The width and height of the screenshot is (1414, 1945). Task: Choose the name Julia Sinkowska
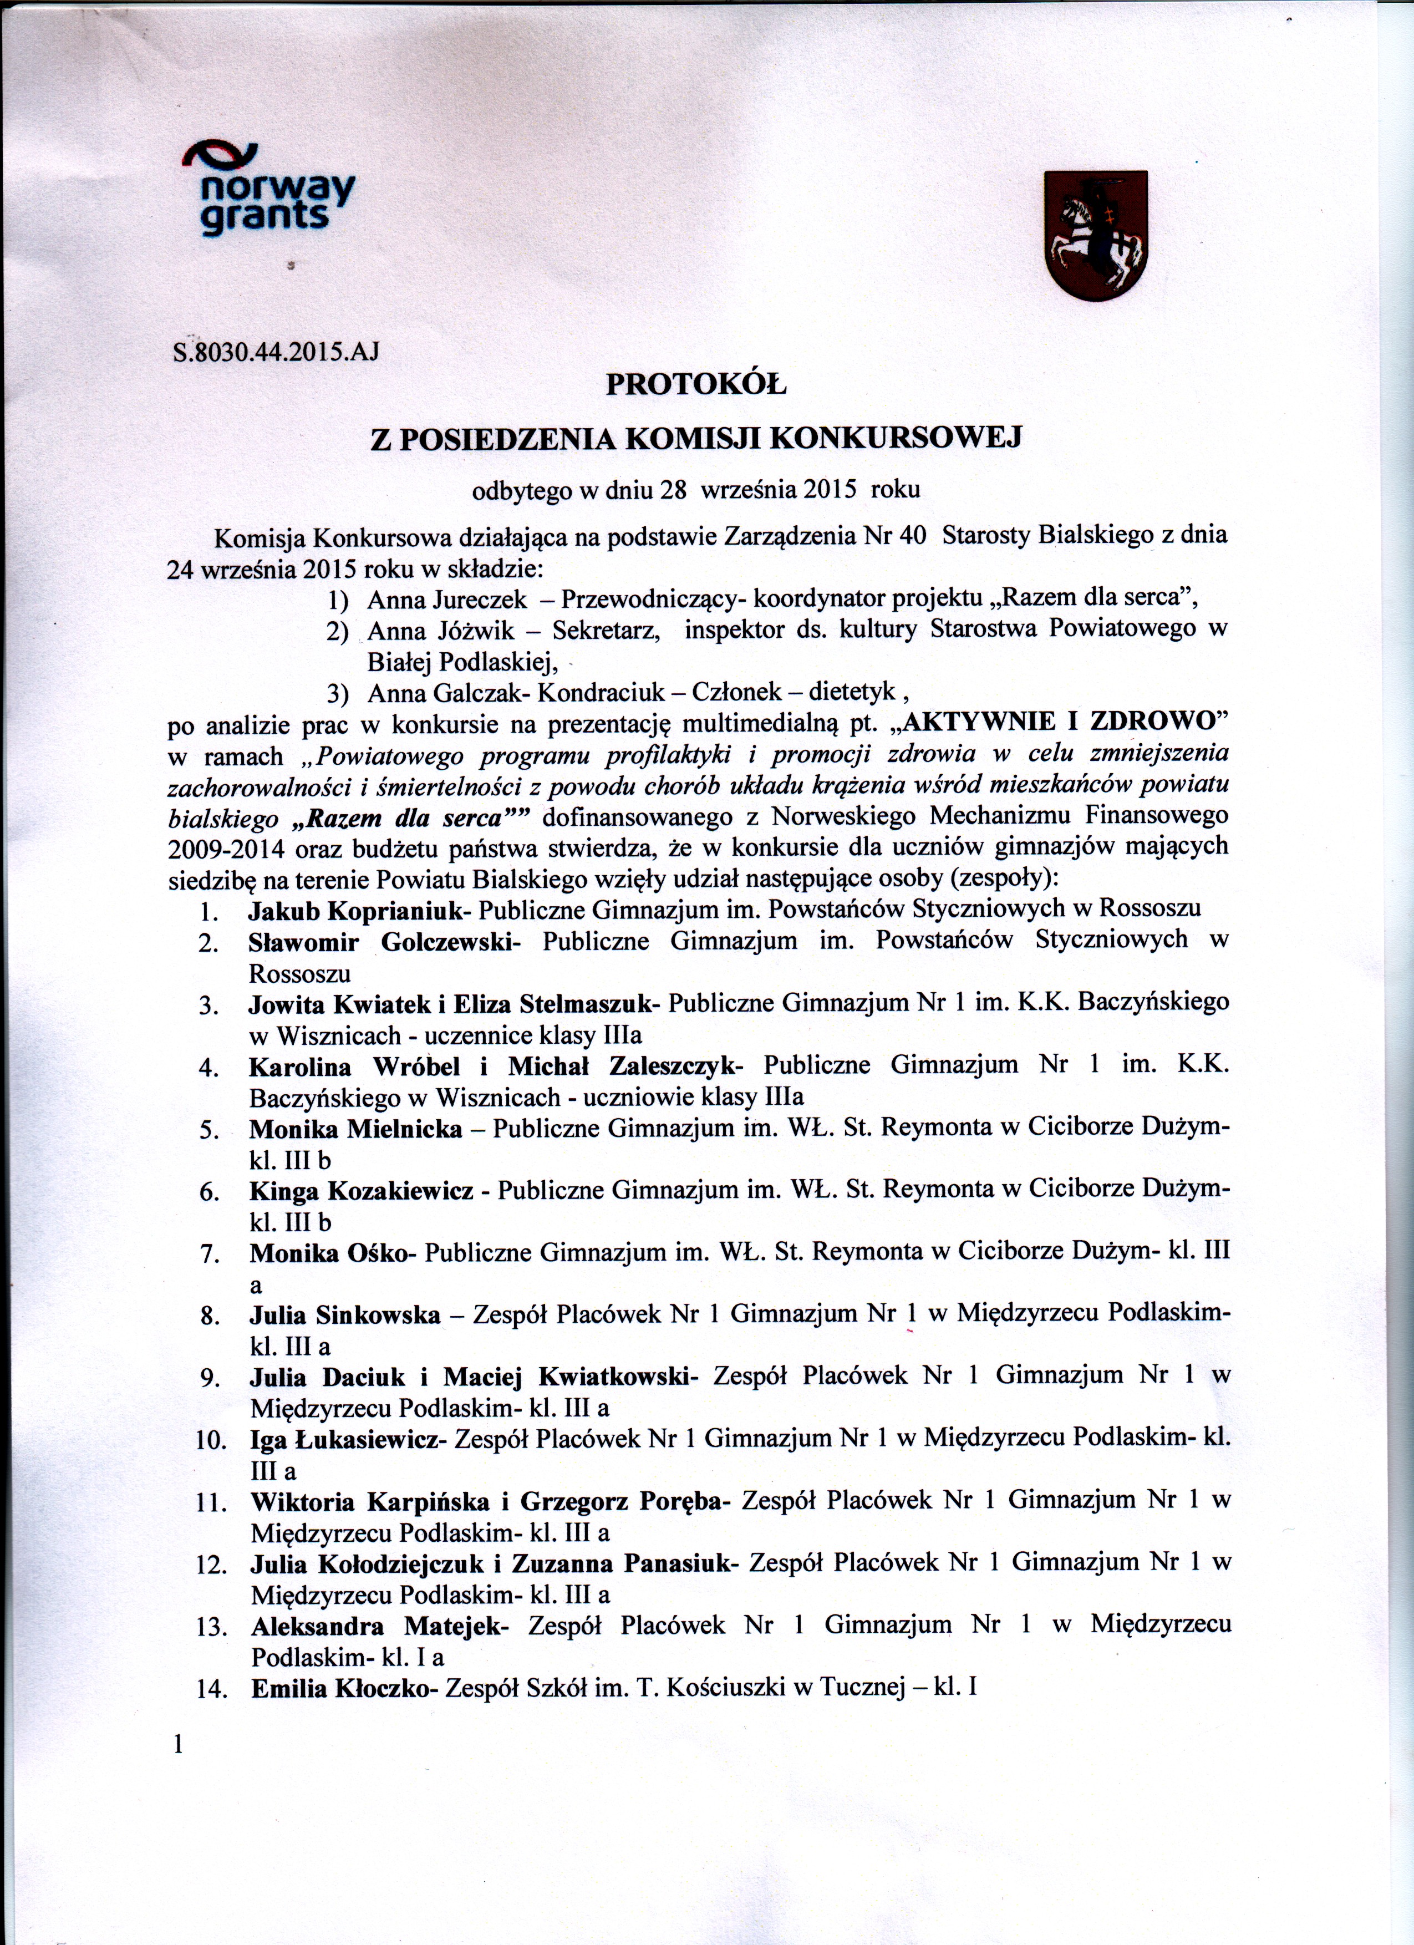click(345, 1314)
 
